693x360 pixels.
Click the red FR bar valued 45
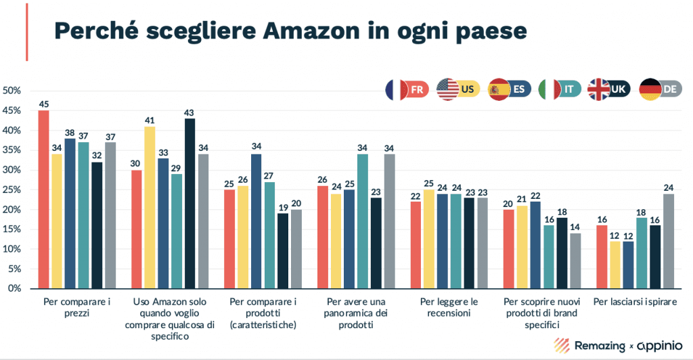coord(43,199)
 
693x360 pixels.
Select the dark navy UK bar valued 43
coord(189,203)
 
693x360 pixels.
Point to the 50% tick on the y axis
coord(14,91)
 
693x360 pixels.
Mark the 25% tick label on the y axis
coord(14,189)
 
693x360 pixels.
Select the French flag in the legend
coord(395,89)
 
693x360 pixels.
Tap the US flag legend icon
coord(447,89)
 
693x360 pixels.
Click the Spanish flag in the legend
coord(499,89)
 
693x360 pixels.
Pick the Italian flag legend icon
coord(548,89)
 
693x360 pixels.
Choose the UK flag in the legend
coord(599,89)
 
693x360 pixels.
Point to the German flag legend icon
coord(650,89)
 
